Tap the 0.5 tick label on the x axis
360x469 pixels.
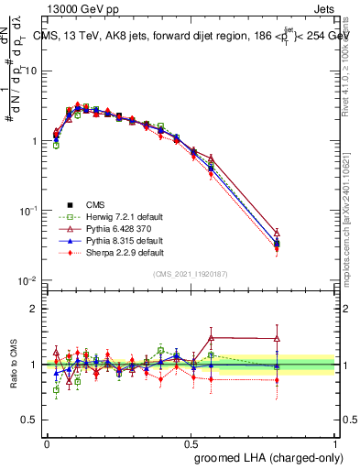[x=191, y=442]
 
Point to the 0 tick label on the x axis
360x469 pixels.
[x=47, y=442]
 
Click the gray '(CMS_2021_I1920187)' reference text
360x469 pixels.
[x=190, y=273]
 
